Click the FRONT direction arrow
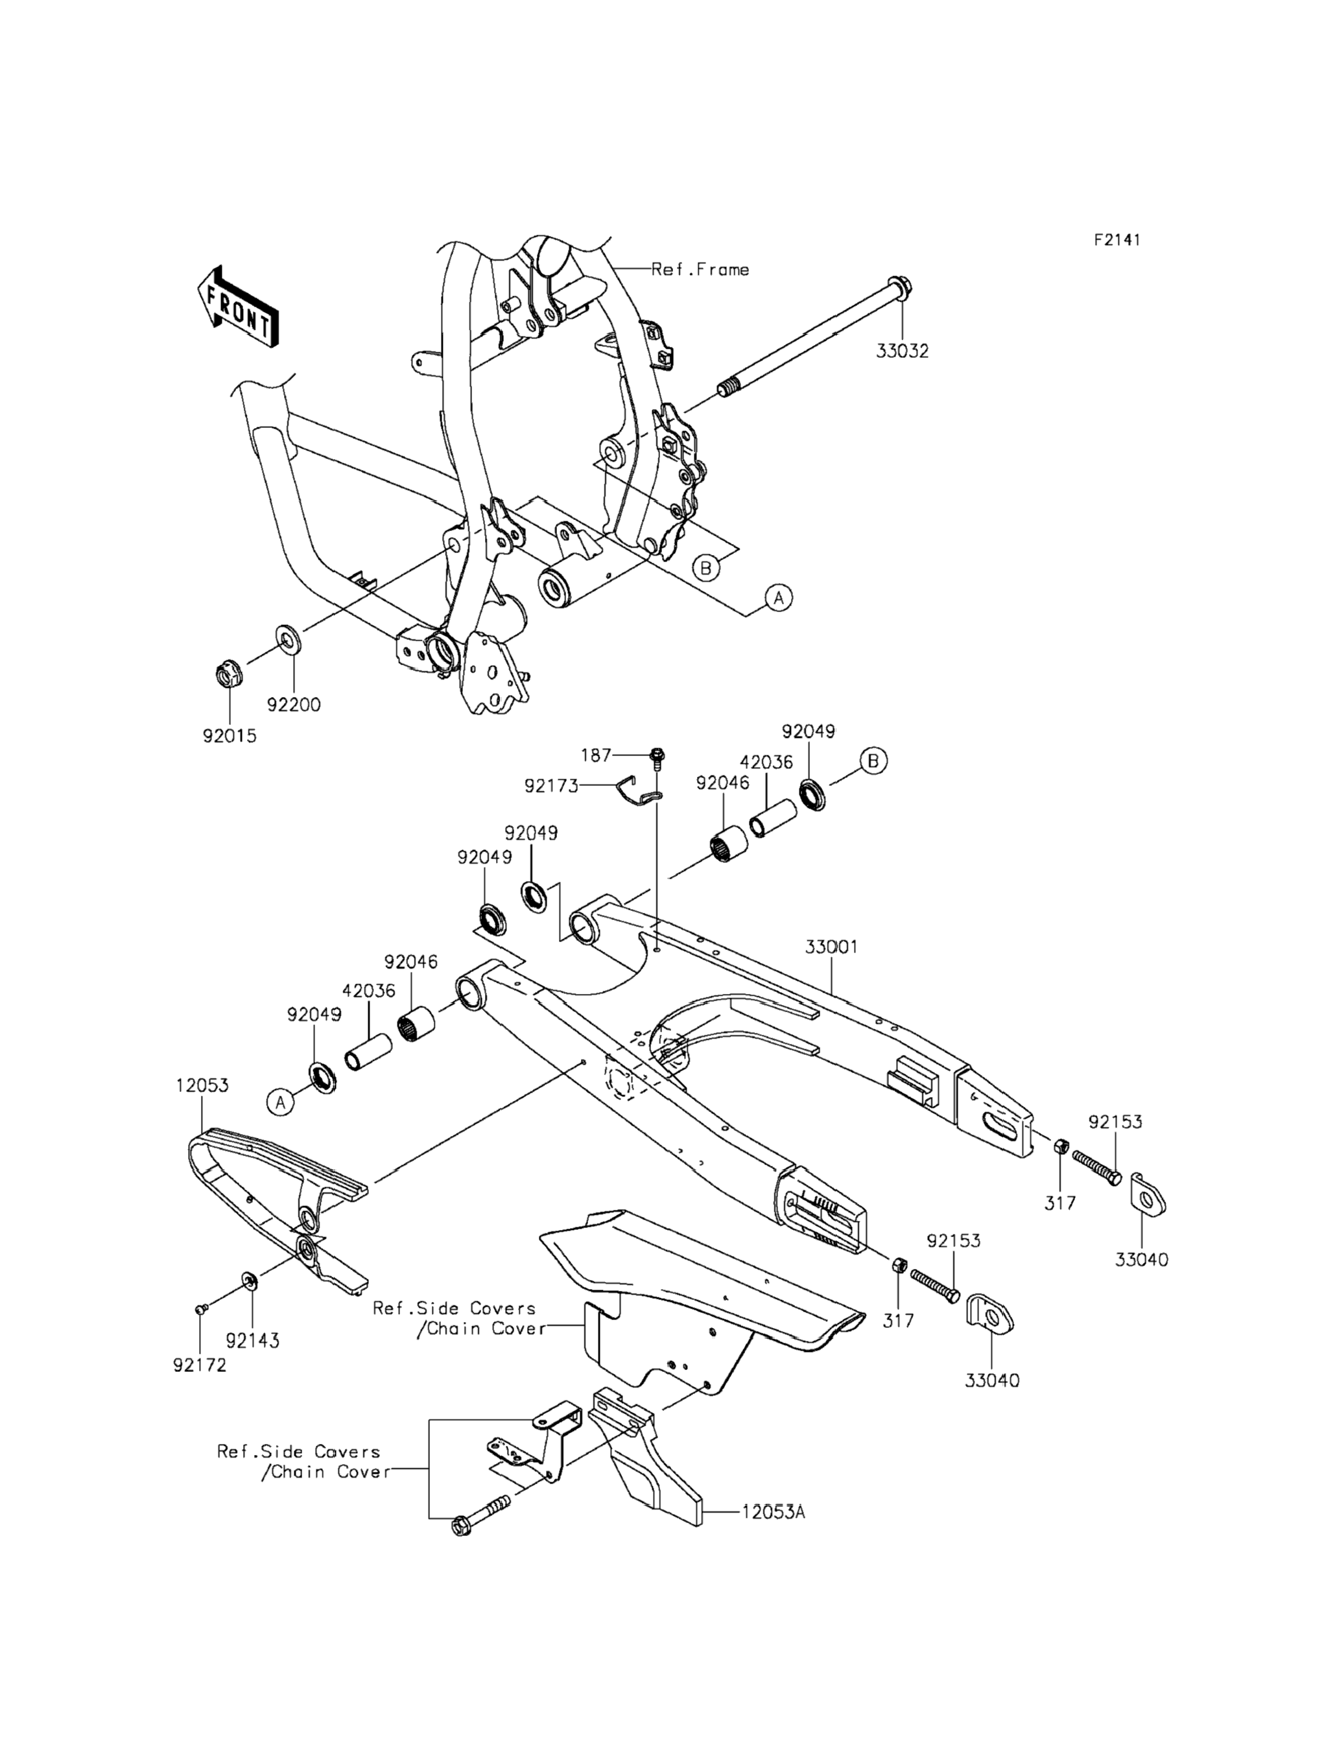click(237, 307)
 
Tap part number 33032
click(903, 351)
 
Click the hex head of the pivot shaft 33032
click(897, 288)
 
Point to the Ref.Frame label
click(700, 270)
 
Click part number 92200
click(294, 705)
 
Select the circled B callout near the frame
click(705, 568)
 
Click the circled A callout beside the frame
click(779, 597)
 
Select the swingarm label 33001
click(831, 947)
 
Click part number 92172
click(200, 1366)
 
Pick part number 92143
click(252, 1341)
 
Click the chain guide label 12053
click(202, 1085)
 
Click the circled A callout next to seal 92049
click(279, 1102)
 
